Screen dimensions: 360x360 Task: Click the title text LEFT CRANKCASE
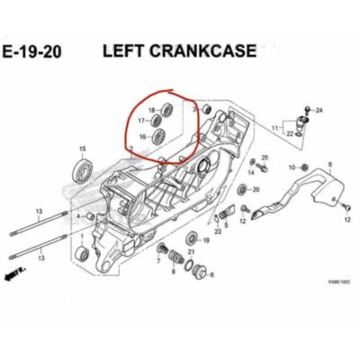pyautogui.click(x=180, y=51)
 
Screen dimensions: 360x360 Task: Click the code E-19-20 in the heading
pyautogui.click(x=32, y=52)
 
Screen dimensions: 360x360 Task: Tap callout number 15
pyautogui.click(x=82, y=149)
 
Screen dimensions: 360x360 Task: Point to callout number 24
pyautogui.click(x=319, y=110)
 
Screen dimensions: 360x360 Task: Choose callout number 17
pyautogui.click(x=141, y=121)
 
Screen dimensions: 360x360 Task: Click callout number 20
pyautogui.click(x=256, y=189)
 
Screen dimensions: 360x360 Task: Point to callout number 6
pyautogui.click(x=212, y=274)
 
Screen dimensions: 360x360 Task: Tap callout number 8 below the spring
pyautogui.click(x=173, y=273)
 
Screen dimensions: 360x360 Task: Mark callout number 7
pyautogui.click(x=158, y=261)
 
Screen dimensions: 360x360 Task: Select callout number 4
pyautogui.click(x=78, y=216)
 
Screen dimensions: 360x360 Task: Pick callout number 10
pyautogui.click(x=292, y=167)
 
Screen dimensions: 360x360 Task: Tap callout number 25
pyautogui.click(x=265, y=157)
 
